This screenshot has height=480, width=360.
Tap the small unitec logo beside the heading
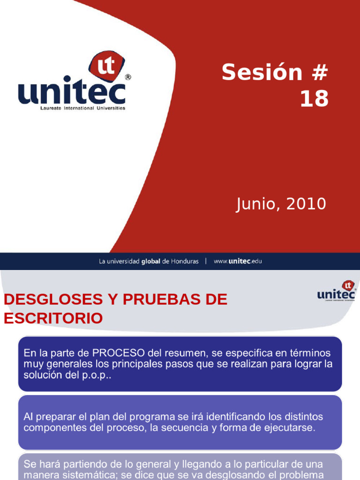click(336, 291)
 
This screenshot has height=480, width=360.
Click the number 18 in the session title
click(315, 99)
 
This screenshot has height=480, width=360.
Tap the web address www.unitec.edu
click(238, 261)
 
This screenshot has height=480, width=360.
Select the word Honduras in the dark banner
click(185, 261)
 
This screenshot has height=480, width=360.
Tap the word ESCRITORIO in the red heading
click(53, 319)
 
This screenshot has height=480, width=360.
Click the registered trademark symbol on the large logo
click(128, 77)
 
